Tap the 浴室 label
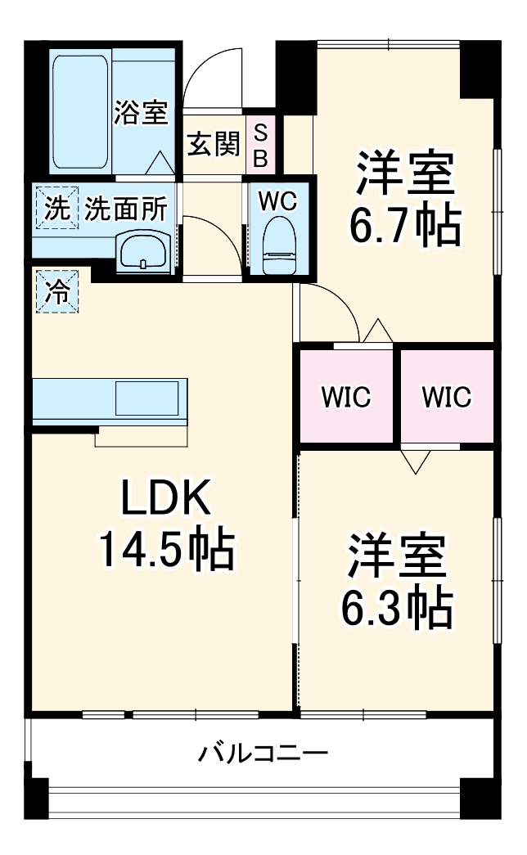click(x=141, y=112)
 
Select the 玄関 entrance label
click(x=214, y=145)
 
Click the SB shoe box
click(x=260, y=145)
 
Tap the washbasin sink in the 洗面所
click(x=144, y=250)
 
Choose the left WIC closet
click(x=346, y=397)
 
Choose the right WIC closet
click(x=448, y=397)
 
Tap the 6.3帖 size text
click(x=398, y=605)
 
